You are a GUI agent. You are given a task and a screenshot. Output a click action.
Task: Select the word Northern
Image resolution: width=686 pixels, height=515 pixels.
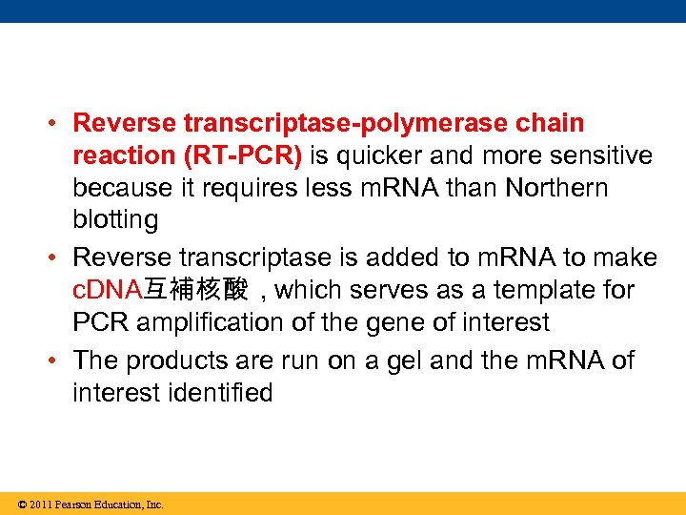(556, 188)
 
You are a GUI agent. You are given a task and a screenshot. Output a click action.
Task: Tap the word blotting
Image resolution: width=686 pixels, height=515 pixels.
(115, 220)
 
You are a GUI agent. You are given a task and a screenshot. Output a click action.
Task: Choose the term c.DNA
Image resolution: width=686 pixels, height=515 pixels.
(107, 290)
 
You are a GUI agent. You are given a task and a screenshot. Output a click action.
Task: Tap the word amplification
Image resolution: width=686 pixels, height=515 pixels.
(212, 322)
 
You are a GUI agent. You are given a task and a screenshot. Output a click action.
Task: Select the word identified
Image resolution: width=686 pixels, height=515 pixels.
(216, 393)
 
